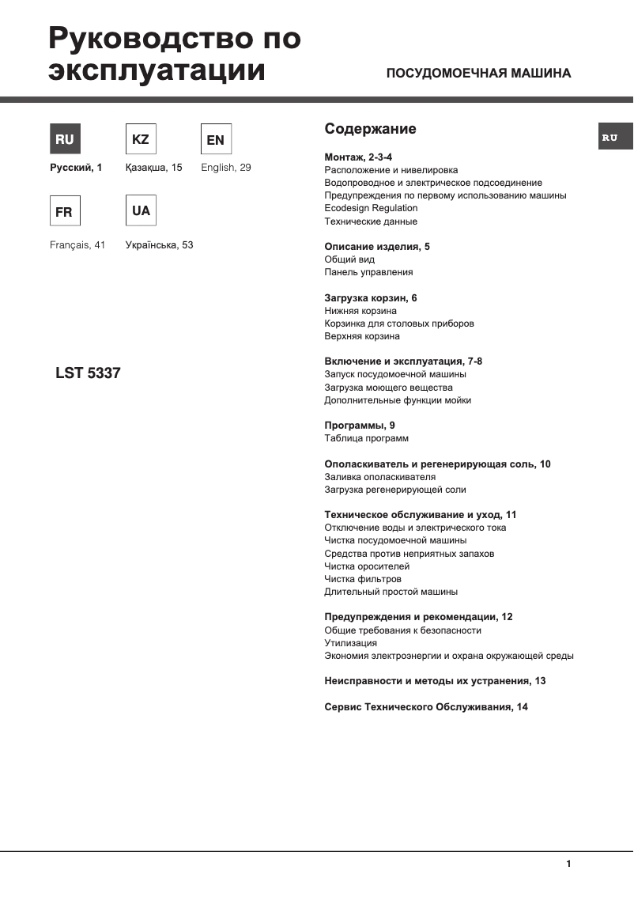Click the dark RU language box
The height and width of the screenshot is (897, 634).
(65, 139)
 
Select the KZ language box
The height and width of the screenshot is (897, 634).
(141, 139)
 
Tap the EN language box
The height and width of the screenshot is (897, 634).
(215, 140)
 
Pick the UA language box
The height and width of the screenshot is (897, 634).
(141, 211)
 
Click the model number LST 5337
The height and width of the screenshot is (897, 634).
(88, 373)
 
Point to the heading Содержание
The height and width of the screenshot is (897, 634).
(370, 129)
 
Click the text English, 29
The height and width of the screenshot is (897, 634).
(226, 168)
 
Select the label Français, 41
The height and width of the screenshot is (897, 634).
(77, 245)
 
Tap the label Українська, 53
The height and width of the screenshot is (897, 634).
(159, 245)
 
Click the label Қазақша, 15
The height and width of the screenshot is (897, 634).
(153, 168)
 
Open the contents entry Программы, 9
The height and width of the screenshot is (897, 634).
(360, 426)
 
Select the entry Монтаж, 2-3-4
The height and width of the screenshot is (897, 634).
(359, 157)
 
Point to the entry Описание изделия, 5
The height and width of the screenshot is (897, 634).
(377, 247)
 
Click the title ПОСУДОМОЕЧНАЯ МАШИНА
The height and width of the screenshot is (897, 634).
(477, 74)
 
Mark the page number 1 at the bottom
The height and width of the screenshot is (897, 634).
(568, 865)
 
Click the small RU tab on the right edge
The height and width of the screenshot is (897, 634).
(610, 138)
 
